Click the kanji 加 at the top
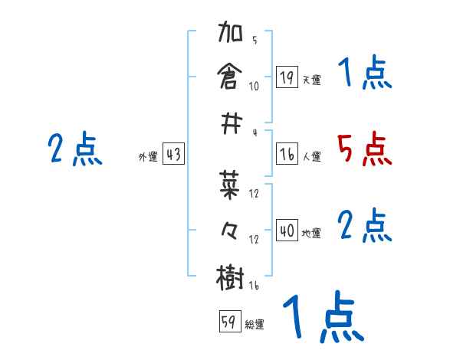point(231,34)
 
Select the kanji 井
point(231,121)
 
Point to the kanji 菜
point(231,185)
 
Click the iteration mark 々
point(231,231)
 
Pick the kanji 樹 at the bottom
point(231,276)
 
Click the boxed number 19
point(287,77)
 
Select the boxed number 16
point(287,154)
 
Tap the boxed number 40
point(287,231)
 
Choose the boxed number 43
point(173,154)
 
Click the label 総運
point(255,324)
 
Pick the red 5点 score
point(364,149)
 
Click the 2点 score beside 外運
point(74,149)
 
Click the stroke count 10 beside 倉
point(254,85)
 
